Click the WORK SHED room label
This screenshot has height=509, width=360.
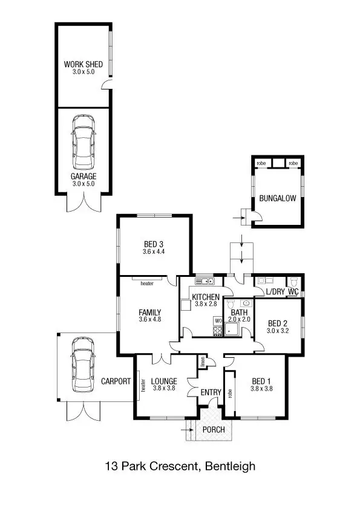pos(83,64)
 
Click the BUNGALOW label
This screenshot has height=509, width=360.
pos(278,198)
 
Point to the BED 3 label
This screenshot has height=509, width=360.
pos(154,244)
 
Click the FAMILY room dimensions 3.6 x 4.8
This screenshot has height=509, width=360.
pos(149,320)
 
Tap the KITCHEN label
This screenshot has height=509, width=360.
pos(206,297)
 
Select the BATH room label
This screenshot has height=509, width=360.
pos(238,312)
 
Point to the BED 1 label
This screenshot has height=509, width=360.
pos(261,381)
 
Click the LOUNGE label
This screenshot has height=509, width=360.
pos(164,381)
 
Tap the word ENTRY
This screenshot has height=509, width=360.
pos(211,393)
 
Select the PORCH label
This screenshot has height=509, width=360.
pos(214,430)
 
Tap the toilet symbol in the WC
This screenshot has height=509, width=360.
pos(293,282)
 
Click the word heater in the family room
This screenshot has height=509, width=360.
pos(146,283)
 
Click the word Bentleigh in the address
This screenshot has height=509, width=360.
pos(231,466)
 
